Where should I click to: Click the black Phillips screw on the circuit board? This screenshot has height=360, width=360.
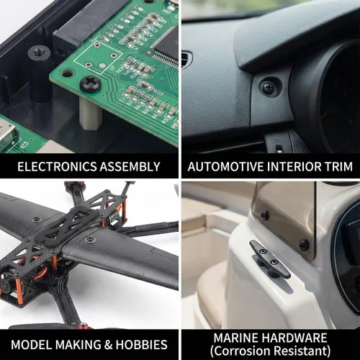(x=90, y=84)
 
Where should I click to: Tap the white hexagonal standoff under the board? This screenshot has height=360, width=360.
(x=91, y=114)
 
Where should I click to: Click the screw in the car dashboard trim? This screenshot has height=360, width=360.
(x=269, y=87)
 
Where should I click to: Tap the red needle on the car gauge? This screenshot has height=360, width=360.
(x=324, y=116)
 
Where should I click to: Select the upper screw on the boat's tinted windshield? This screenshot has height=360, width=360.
(x=265, y=215)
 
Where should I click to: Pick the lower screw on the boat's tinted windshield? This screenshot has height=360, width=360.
(x=304, y=245)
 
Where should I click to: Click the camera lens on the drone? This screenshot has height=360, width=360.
(x=5, y=286)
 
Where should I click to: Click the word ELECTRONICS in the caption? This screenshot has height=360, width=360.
(x=57, y=166)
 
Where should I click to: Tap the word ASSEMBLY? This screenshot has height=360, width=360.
(x=130, y=166)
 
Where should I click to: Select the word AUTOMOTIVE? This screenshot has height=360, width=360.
(x=226, y=166)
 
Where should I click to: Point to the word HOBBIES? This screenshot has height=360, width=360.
(x=142, y=345)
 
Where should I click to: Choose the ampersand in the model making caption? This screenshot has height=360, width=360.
(x=109, y=345)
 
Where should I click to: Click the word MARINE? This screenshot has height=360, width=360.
(x=236, y=338)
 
